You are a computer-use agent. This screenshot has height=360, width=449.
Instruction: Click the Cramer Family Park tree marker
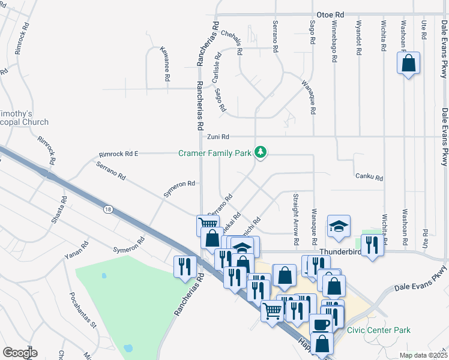(x=261, y=152)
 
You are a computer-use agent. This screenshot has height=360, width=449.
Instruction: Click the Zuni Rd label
(x=218, y=137)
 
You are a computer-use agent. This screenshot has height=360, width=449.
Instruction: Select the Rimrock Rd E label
(x=118, y=154)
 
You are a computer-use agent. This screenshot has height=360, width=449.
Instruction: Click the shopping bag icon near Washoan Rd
(x=408, y=63)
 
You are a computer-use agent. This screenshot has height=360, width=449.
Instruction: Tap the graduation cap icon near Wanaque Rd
(x=339, y=226)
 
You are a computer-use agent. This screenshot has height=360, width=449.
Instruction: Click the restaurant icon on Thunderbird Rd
(x=372, y=245)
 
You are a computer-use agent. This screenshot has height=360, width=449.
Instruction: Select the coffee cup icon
(x=321, y=325)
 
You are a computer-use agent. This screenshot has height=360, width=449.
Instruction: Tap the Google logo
(x=20, y=352)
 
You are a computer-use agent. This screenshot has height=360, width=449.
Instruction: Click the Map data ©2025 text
(x=423, y=355)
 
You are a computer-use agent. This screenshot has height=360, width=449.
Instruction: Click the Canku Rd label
(x=369, y=177)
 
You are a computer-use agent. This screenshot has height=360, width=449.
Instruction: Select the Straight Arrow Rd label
(x=296, y=219)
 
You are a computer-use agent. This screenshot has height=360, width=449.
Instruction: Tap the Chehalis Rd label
(x=232, y=43)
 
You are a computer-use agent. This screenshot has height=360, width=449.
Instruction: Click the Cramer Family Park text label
(x=215, y=154)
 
